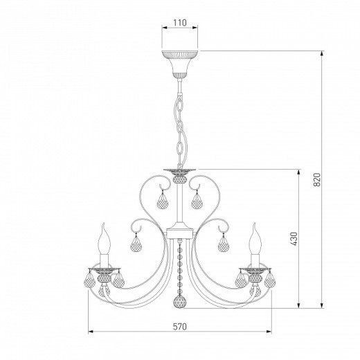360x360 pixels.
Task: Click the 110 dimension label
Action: (180, 23)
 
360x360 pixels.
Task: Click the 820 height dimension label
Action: (317, 179)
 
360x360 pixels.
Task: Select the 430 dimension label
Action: (294, 239)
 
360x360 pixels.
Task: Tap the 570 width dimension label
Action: (180, 327)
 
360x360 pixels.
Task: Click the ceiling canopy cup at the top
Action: (179, 64)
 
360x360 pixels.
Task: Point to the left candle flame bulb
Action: (104, 239)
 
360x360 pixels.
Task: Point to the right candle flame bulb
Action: (255, 239)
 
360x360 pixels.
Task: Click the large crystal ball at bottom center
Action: (179, 302)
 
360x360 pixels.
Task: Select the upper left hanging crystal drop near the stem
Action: (163, 201)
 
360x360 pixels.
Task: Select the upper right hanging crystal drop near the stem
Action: (197, 201)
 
